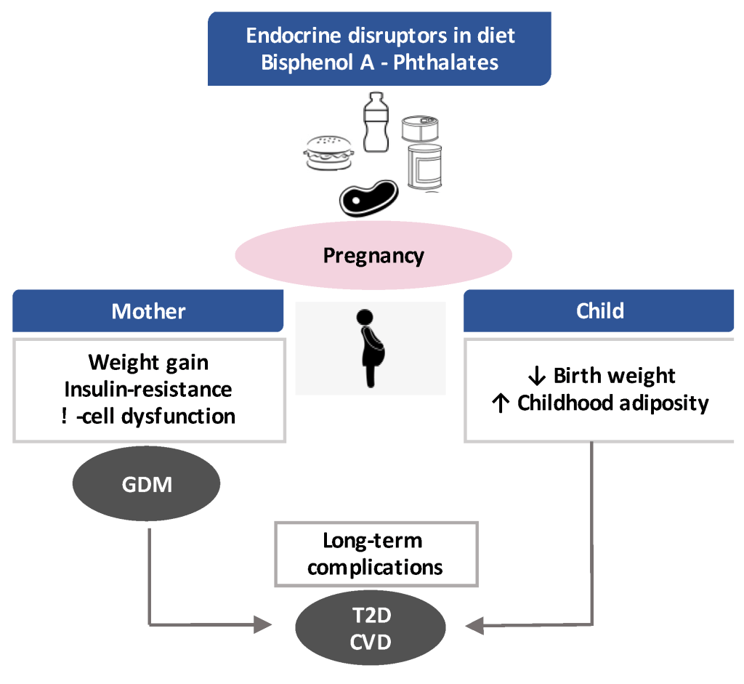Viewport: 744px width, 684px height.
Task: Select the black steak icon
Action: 368,198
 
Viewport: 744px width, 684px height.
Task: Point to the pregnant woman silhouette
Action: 371,347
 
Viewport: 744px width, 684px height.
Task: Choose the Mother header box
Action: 148,311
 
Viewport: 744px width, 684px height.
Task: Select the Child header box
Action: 599,311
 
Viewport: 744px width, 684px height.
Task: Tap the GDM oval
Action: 147,484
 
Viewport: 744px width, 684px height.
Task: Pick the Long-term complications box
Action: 376,554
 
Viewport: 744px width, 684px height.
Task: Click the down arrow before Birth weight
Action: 537,376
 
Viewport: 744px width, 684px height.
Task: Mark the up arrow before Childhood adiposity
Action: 499,403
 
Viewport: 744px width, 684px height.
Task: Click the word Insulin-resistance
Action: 148,389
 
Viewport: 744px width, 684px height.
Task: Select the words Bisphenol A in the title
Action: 310,62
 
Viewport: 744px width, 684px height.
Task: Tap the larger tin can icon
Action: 425,166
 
